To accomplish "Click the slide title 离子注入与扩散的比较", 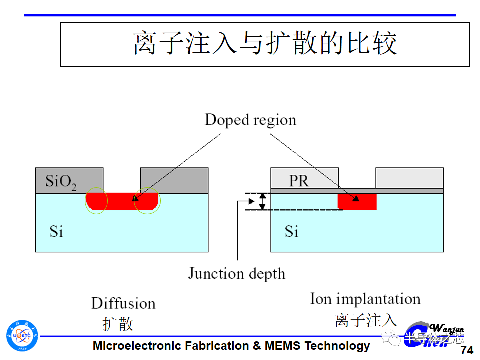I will (x=265, y=44).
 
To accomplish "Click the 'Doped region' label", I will (x=250, y=120).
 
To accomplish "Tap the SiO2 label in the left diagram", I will (x=61, y=181).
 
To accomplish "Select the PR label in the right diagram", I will (x=299, y=181).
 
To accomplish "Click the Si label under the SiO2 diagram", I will (x=56, y=231).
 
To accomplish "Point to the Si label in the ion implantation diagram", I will (x=292, y=231).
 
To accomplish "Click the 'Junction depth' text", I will (x=236, y=273).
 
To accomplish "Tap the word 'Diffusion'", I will (x=123, y=303).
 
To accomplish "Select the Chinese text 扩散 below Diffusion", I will (x=118, y=323).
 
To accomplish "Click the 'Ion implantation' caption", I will (x=365, y=299).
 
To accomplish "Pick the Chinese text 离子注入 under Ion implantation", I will (x=366, y=320).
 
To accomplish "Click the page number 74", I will (x=467, y=350).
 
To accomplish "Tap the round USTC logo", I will (x=22, y=335).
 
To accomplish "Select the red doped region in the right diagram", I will (x=357, y=201).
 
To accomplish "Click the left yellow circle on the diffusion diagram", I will (x=96, y=201).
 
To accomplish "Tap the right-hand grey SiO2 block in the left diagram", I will (x=174, y=180).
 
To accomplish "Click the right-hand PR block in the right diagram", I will (x=409, y=178).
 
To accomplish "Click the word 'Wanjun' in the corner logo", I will (x=447, y=328).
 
